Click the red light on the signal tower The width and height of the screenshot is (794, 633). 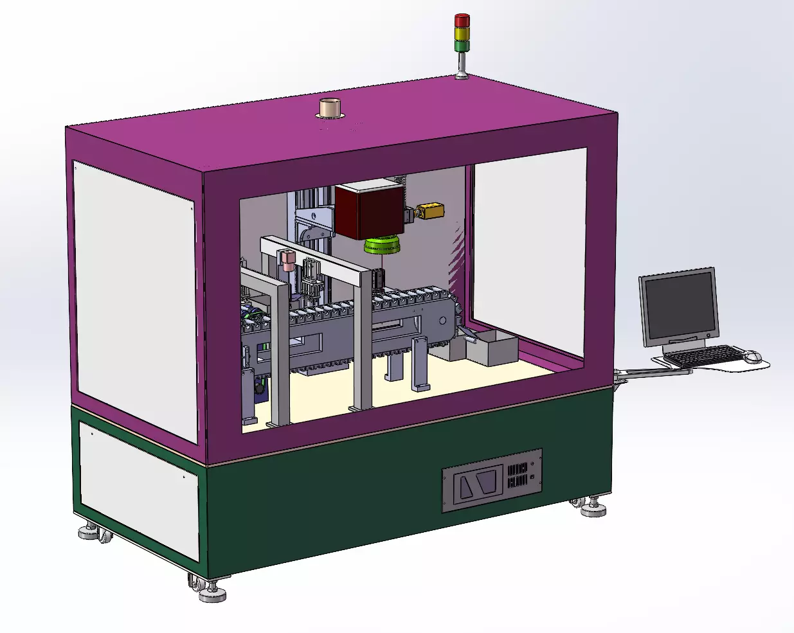tap(462, 20)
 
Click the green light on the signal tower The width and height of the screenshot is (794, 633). tap(462, 45)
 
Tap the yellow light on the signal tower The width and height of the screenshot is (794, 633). tap(462, 33)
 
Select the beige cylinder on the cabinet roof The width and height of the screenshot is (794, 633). tap(330, 107)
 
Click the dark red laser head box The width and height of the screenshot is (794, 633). tap(368, 211)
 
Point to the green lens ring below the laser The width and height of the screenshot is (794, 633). tap(381, 245)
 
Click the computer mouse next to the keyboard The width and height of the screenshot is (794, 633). tap(752, 356)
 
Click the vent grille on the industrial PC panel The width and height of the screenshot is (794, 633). tap(518, 476)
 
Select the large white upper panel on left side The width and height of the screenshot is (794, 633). tap(134, 299)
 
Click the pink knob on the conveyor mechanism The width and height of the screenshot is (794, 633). tap(287, 258)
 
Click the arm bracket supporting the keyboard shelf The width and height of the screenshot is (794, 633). tap(649, 372)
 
